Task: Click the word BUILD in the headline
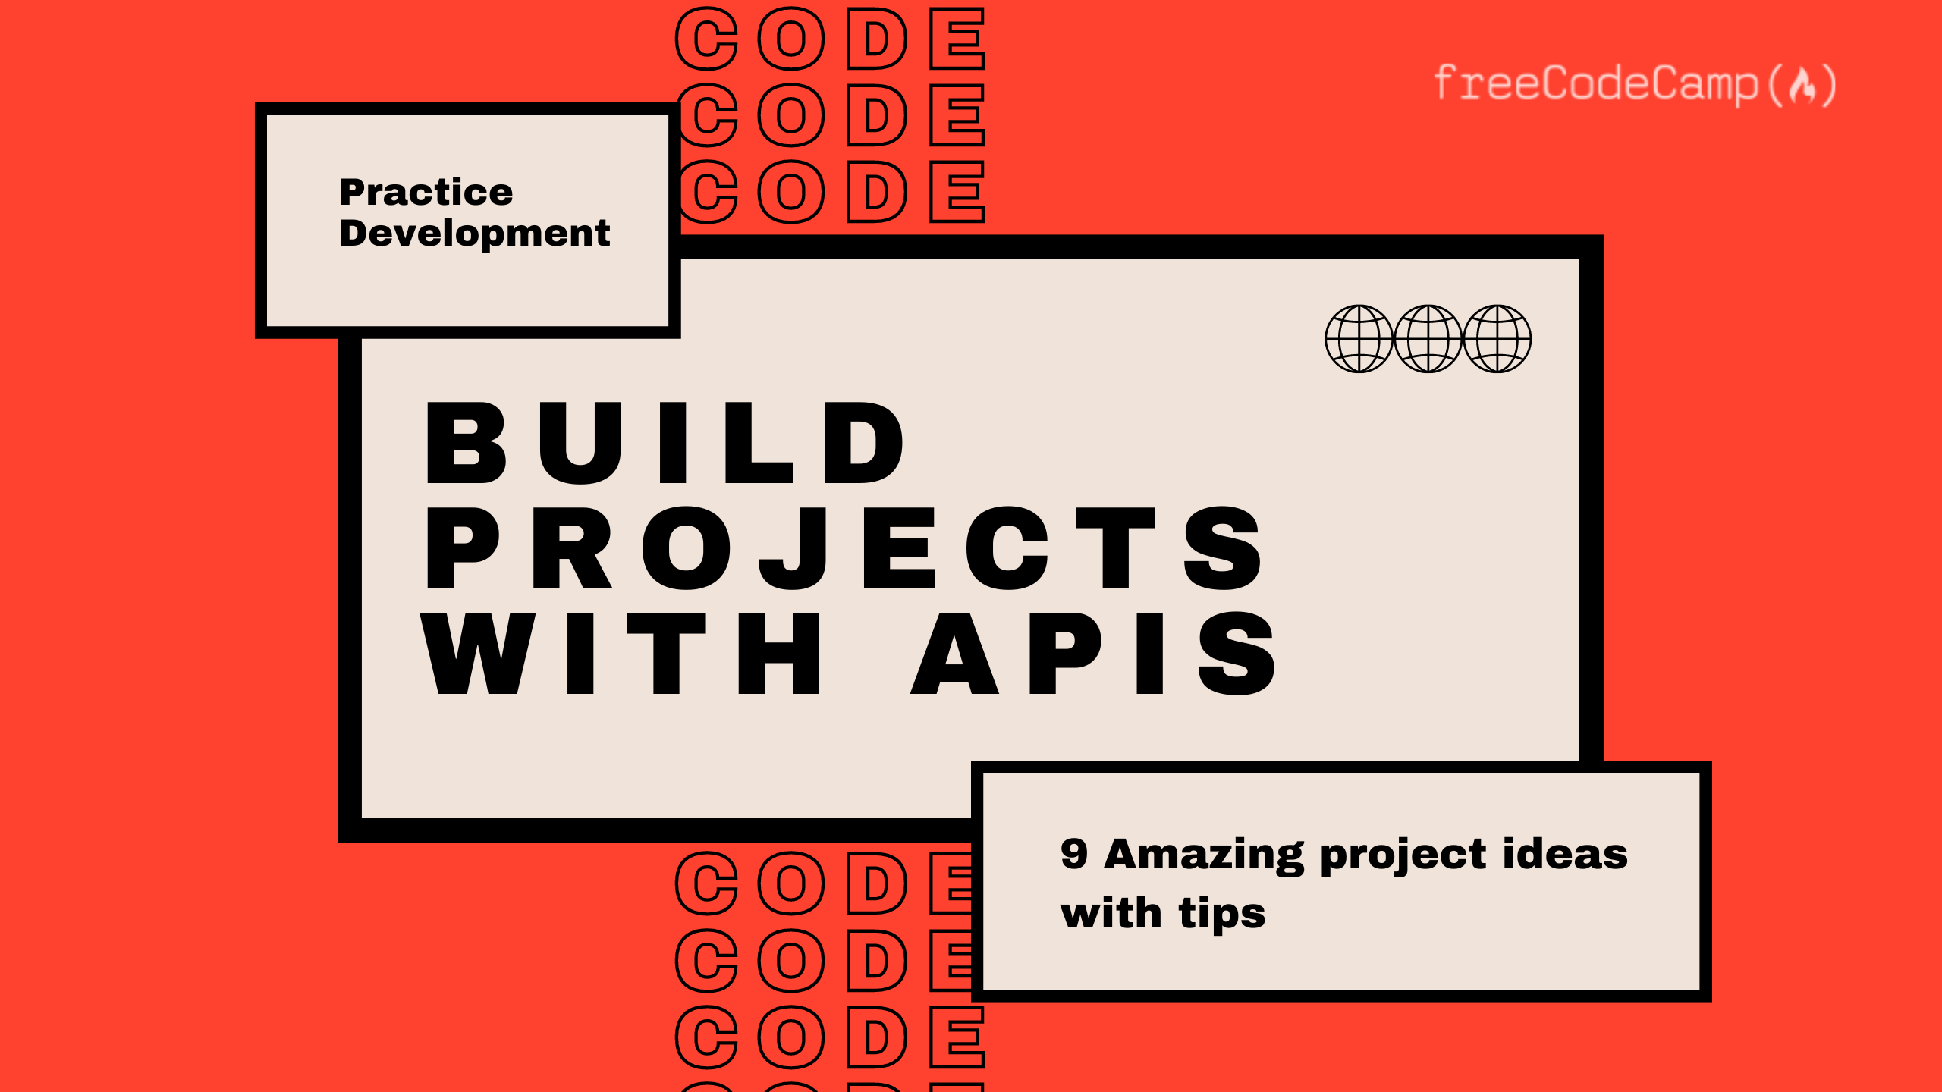[665, 443]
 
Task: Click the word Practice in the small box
[426, 192]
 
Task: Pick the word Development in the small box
[475, 233]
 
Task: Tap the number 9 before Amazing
[1074, 854]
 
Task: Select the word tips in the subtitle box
[1221, 914]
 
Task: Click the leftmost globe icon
[1359, 338]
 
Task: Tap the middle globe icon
[1428, 338]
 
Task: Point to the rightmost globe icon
[1497, 338]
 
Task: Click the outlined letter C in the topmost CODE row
[707, 39]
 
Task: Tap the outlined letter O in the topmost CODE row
[791, 39]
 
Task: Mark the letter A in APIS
[954, 654]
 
